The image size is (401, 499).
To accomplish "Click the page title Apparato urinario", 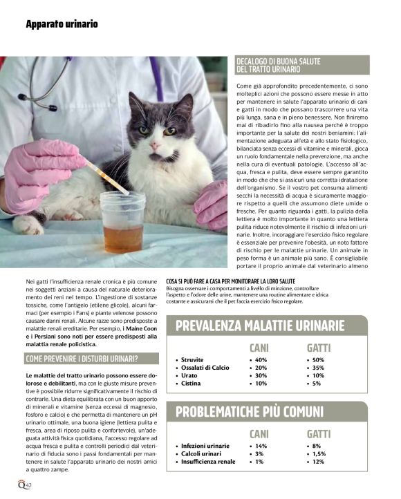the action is (62, 24).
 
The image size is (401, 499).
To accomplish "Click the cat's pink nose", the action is (156, 147).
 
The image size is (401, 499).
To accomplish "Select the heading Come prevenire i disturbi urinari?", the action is (82, 358).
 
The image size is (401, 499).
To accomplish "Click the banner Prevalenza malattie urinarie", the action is (260, 326).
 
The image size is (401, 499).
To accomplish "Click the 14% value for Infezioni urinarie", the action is (261, 446).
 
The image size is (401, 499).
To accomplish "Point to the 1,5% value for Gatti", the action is (319, 454).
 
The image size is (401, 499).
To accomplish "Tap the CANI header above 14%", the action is (259, 433).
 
